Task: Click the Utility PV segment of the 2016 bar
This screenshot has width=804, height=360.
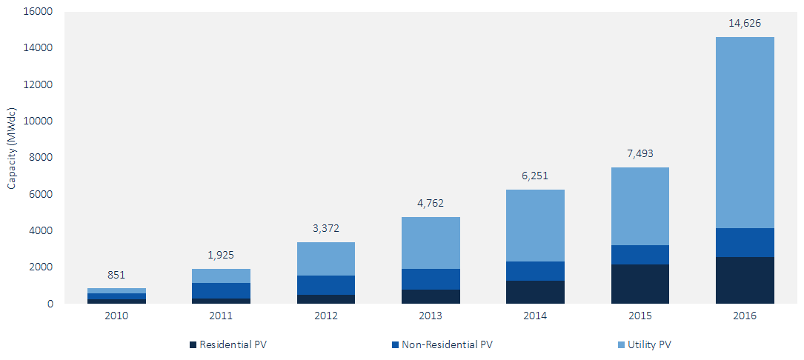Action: coord(745,133)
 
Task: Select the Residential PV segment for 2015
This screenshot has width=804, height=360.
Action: coord(640,284)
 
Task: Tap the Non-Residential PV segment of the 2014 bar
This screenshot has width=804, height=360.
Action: coord(535,271)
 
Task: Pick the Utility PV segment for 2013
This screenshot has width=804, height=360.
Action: coord(431,243)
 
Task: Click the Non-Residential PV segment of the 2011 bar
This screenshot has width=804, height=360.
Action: coord(221,290)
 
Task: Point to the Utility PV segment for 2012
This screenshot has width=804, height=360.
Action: coord(326,259)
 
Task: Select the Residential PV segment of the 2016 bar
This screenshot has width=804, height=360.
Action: coord(745,280)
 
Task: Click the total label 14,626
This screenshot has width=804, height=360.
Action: coord(745,23)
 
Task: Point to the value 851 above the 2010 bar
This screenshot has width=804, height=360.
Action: coord(116,275)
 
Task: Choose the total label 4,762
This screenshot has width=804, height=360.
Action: coord(431,203)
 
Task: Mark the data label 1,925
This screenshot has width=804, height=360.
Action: coord(221,255)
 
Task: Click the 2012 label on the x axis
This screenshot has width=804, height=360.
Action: coord(326,316)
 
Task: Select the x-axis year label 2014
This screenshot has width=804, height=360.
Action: coord(535,316)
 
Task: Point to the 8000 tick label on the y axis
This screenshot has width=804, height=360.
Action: coord(42,158)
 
